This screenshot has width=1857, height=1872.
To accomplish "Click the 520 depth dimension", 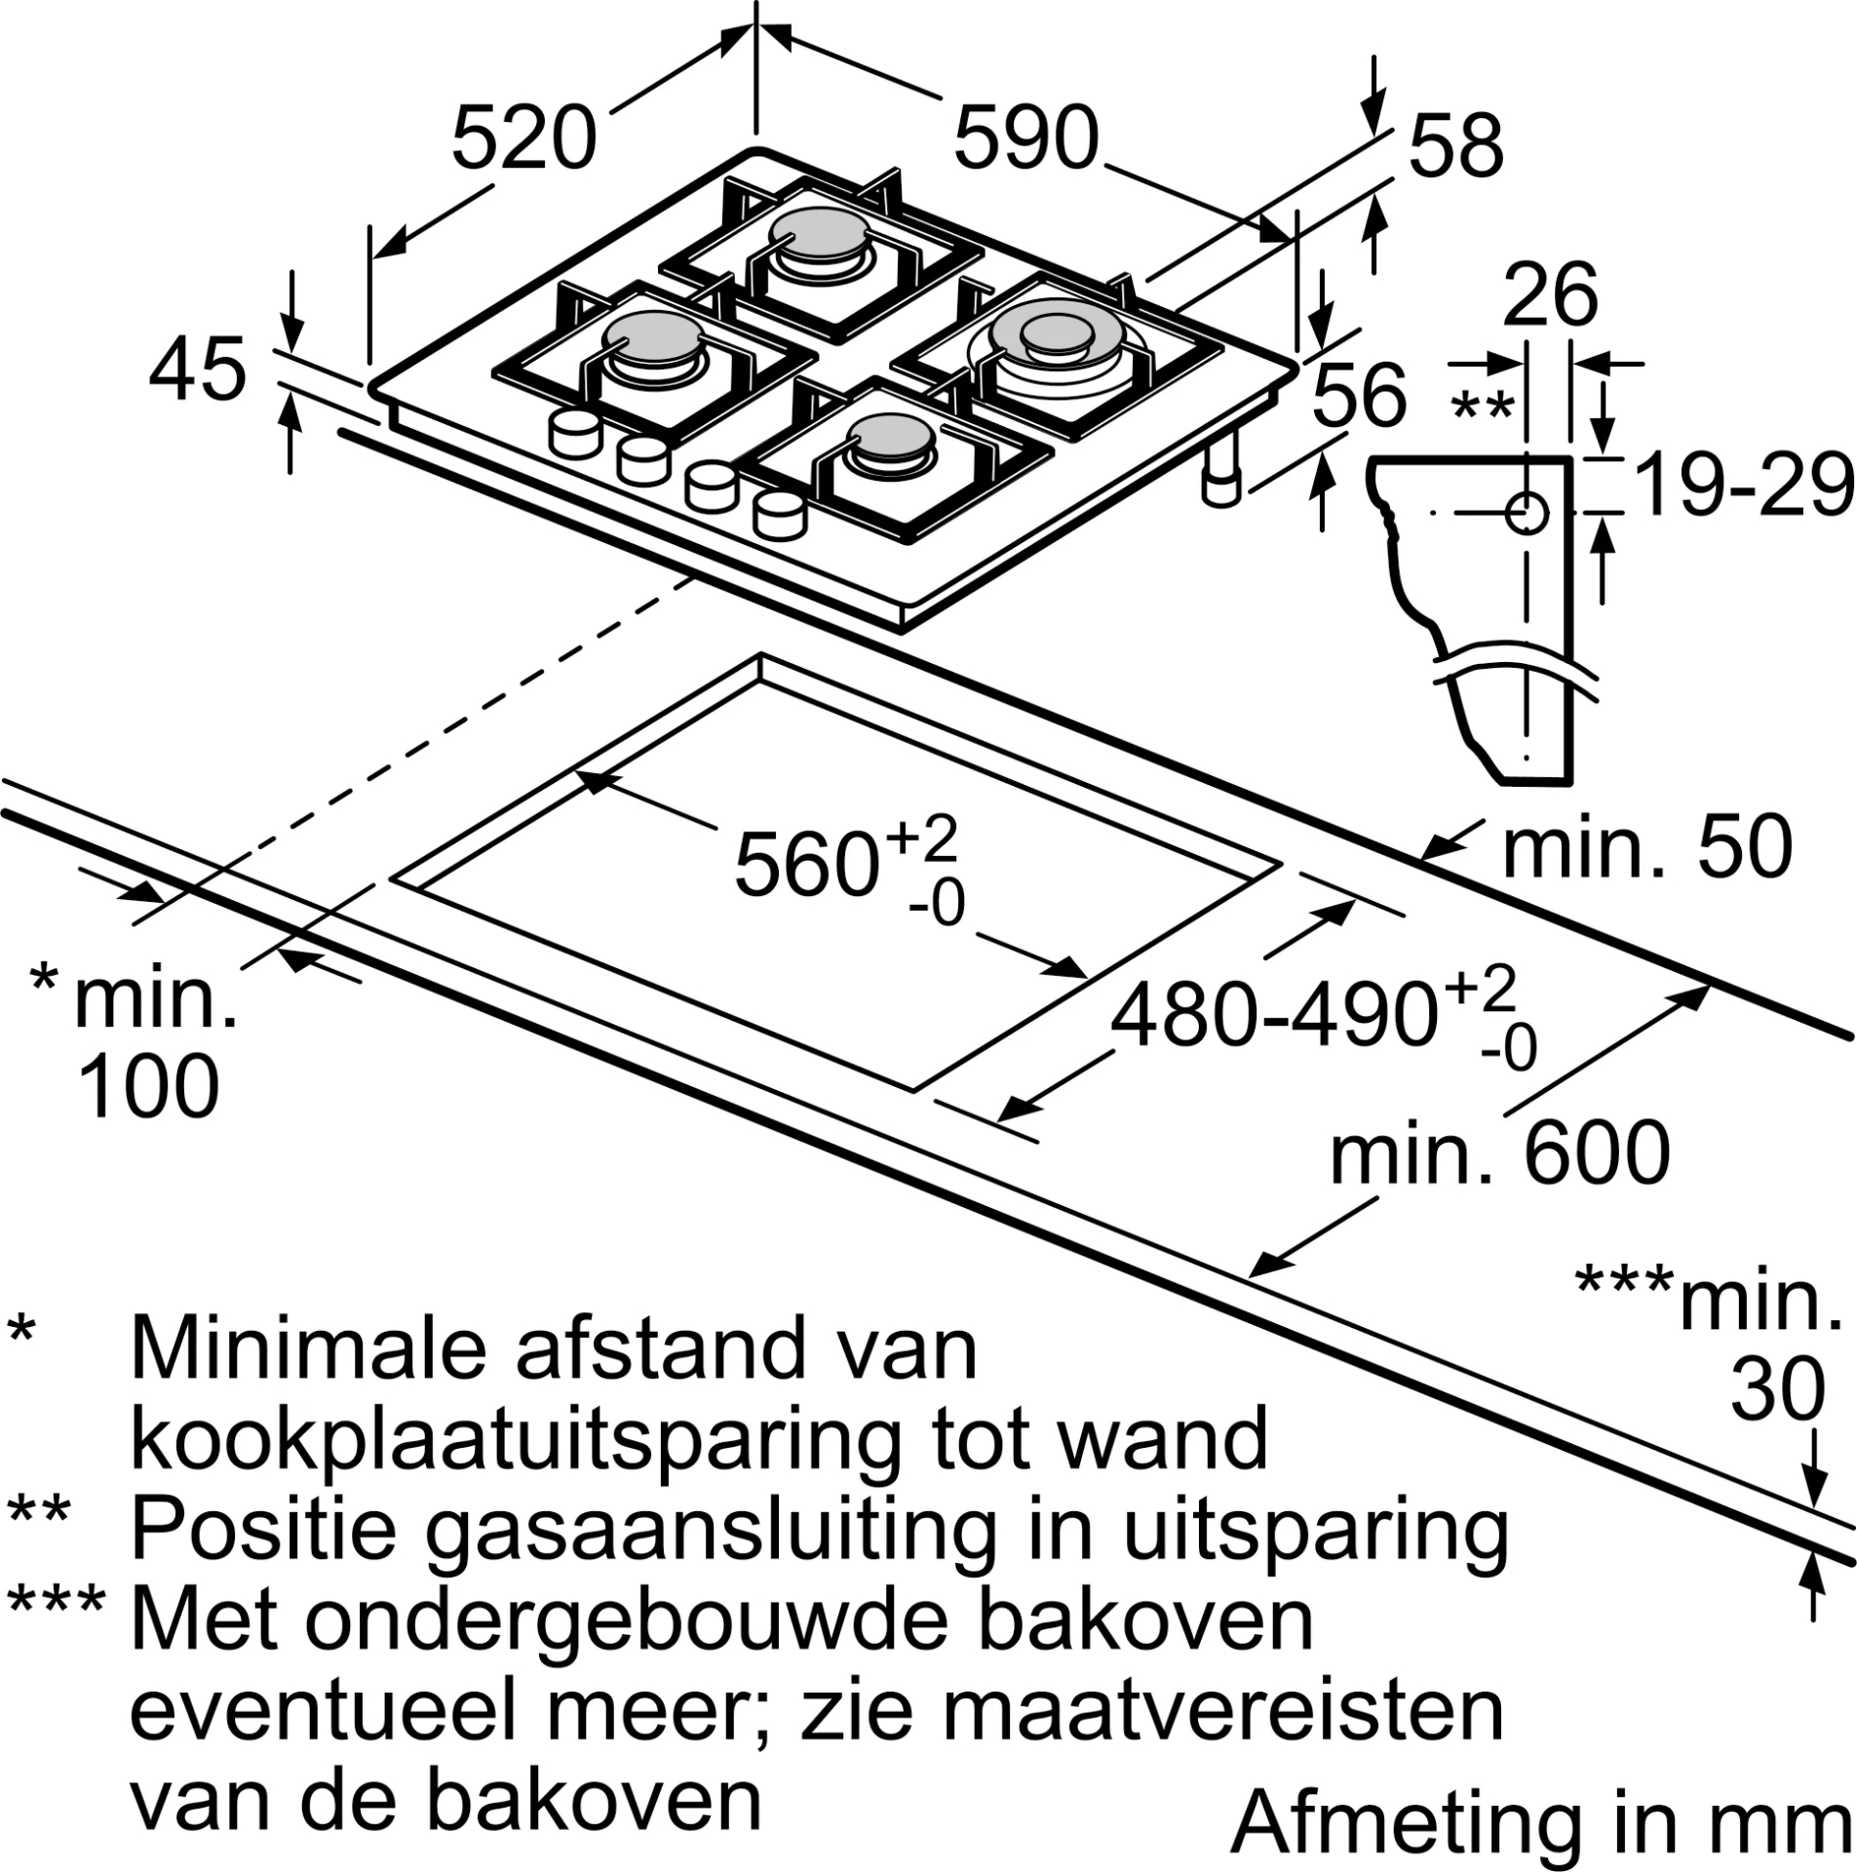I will click(x=523, y=138).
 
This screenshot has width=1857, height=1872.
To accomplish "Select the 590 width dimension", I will click(x=1025, y=138).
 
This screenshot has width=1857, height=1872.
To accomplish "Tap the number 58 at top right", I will click(x=1455, y=146).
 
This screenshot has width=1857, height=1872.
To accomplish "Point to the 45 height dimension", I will click(x=197, y=370).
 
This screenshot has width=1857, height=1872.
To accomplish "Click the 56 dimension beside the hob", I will click(x=1360, y=395).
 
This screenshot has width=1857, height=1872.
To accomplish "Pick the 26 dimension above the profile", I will click(x=1550, y=294).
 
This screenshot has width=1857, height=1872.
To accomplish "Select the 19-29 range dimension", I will click(x=1743, y=485).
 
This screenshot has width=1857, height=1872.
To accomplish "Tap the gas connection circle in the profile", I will click(x=1527, y=513).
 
